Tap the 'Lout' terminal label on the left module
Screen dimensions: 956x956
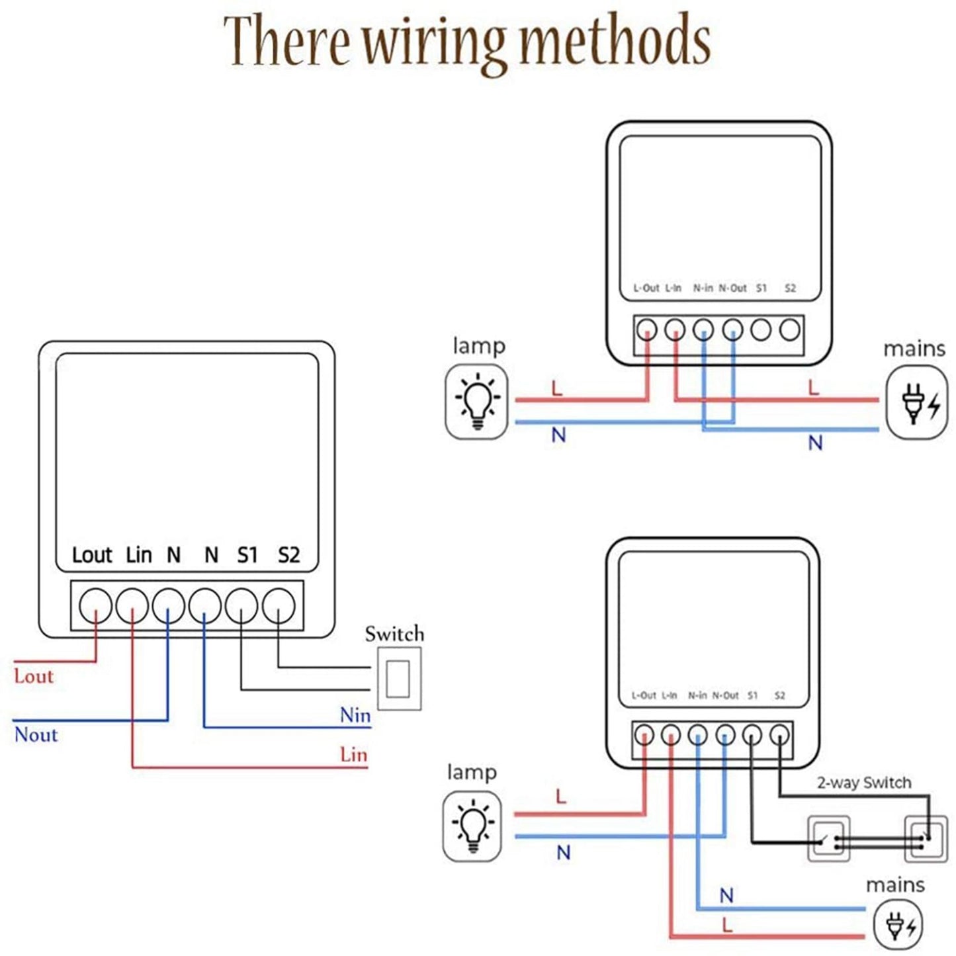[x=92, y=554]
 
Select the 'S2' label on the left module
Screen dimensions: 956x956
[x=288, y=554]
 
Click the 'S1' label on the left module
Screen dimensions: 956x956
[x=247, y=554]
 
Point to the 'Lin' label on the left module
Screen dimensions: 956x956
[x=139, y=554]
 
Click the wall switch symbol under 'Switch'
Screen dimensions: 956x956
[x=399, y=678]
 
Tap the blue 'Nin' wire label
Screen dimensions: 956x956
[x=355, y=715]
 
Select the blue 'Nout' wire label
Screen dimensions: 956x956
[x=36, y=734]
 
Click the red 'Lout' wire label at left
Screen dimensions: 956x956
[x=34, y=676]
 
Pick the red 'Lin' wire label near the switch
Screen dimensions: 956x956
[x=353, y=754]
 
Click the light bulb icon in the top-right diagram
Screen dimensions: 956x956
[x=477, y=402]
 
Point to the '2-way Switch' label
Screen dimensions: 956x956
[x=864, y=783]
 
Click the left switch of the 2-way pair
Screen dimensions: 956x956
[x=828, y=839]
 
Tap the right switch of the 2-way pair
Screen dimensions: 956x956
[x=926, y=839]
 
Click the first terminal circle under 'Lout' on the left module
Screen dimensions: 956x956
[x=95, y=605]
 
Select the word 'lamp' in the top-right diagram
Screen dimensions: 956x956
[x=479, y=345]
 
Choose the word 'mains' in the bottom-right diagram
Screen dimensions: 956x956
[x=895, y=885]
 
